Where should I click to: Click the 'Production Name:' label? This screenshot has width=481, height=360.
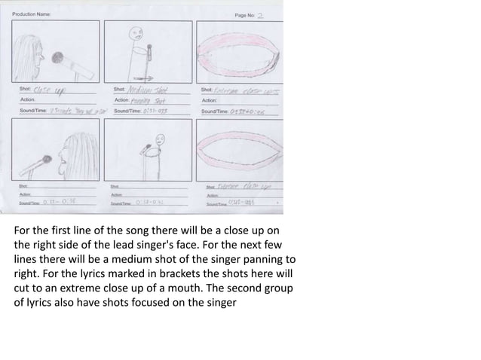coord(32,14)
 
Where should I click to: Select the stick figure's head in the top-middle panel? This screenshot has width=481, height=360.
coord(136,33)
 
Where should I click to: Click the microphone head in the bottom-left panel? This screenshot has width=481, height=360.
coord(47,160)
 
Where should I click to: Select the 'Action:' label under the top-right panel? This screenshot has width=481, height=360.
coord(209,100)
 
